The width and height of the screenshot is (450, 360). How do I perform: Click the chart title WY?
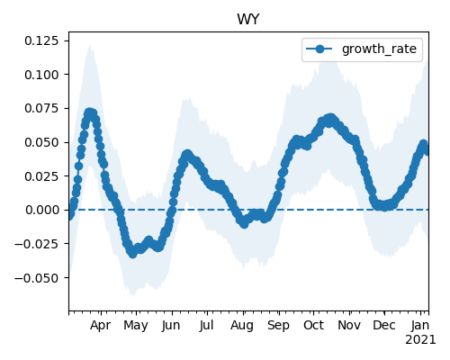pyautogui.click(x=247, y=20)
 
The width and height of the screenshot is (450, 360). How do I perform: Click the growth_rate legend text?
pyautogui.click(x=379, y=49)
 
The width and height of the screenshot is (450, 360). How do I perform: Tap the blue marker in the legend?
pyautogui.click(x=319, y=49)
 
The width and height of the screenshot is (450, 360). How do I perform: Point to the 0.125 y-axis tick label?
pyautogui.click(x=41, y=40)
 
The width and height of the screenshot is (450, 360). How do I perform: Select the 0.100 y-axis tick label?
pyautogui.click(x=41, y=75)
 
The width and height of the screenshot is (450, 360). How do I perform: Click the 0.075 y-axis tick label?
pyautogui.click(x=41, y=108)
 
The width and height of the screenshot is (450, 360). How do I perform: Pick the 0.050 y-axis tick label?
pyautogui.click(x=41, y=142)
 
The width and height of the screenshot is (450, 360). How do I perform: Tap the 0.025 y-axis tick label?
pyautogui.click(x=41, y=176)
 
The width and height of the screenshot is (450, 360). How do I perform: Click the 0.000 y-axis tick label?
pyautogui.click(x=41, y=210)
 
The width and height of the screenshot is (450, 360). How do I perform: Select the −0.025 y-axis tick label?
pyautogui.click(x=36, y=244)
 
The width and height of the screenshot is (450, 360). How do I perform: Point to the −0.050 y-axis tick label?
pyautogui.click(x=36, y=278)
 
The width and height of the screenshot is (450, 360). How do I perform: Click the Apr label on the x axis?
pyautogui.click(x=101, y=326)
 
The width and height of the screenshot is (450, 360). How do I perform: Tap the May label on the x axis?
pyautogui.click(x=136, y=326)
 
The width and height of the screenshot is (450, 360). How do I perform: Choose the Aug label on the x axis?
pyautogui.click(x=242, y=326)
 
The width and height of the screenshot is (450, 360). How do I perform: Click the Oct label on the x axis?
pyautogui.click(x=313, y=325)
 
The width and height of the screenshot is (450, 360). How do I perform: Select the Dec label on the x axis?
pyautogui.click(x=384, y=325)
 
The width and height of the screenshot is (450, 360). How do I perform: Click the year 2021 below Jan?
pyautogui.click(x=420, y=340)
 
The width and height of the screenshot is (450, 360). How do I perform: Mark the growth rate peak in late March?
pyautogui.click(x=89, y=112)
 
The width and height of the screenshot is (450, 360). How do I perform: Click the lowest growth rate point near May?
pyautogui.click(x=132, y=254)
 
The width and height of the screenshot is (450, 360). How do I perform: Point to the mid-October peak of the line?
pyautogui.click(x=330, y=118)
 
